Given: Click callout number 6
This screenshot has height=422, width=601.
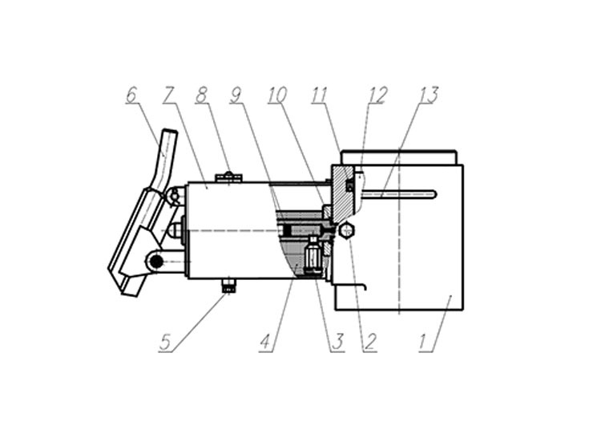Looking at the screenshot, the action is click(x=131, y=95).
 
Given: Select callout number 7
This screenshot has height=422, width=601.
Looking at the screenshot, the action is click(x=168, y=95).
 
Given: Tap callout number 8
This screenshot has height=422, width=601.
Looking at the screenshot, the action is click(x=201, y=95).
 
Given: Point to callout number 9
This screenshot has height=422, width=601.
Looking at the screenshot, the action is click(x=236, y=95).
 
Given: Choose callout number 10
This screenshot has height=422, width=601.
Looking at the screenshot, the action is click(x=277, y=95).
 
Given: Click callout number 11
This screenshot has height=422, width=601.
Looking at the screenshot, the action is click(x=319, y=95).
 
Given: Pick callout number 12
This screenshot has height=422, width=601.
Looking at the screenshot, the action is click(x=378, y=95).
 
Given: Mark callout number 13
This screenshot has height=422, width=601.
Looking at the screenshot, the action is click(x=429, y=95).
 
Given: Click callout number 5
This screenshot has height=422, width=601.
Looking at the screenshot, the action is click(x=165, y=343).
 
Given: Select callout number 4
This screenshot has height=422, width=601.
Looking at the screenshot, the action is click(x=265, y=343).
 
